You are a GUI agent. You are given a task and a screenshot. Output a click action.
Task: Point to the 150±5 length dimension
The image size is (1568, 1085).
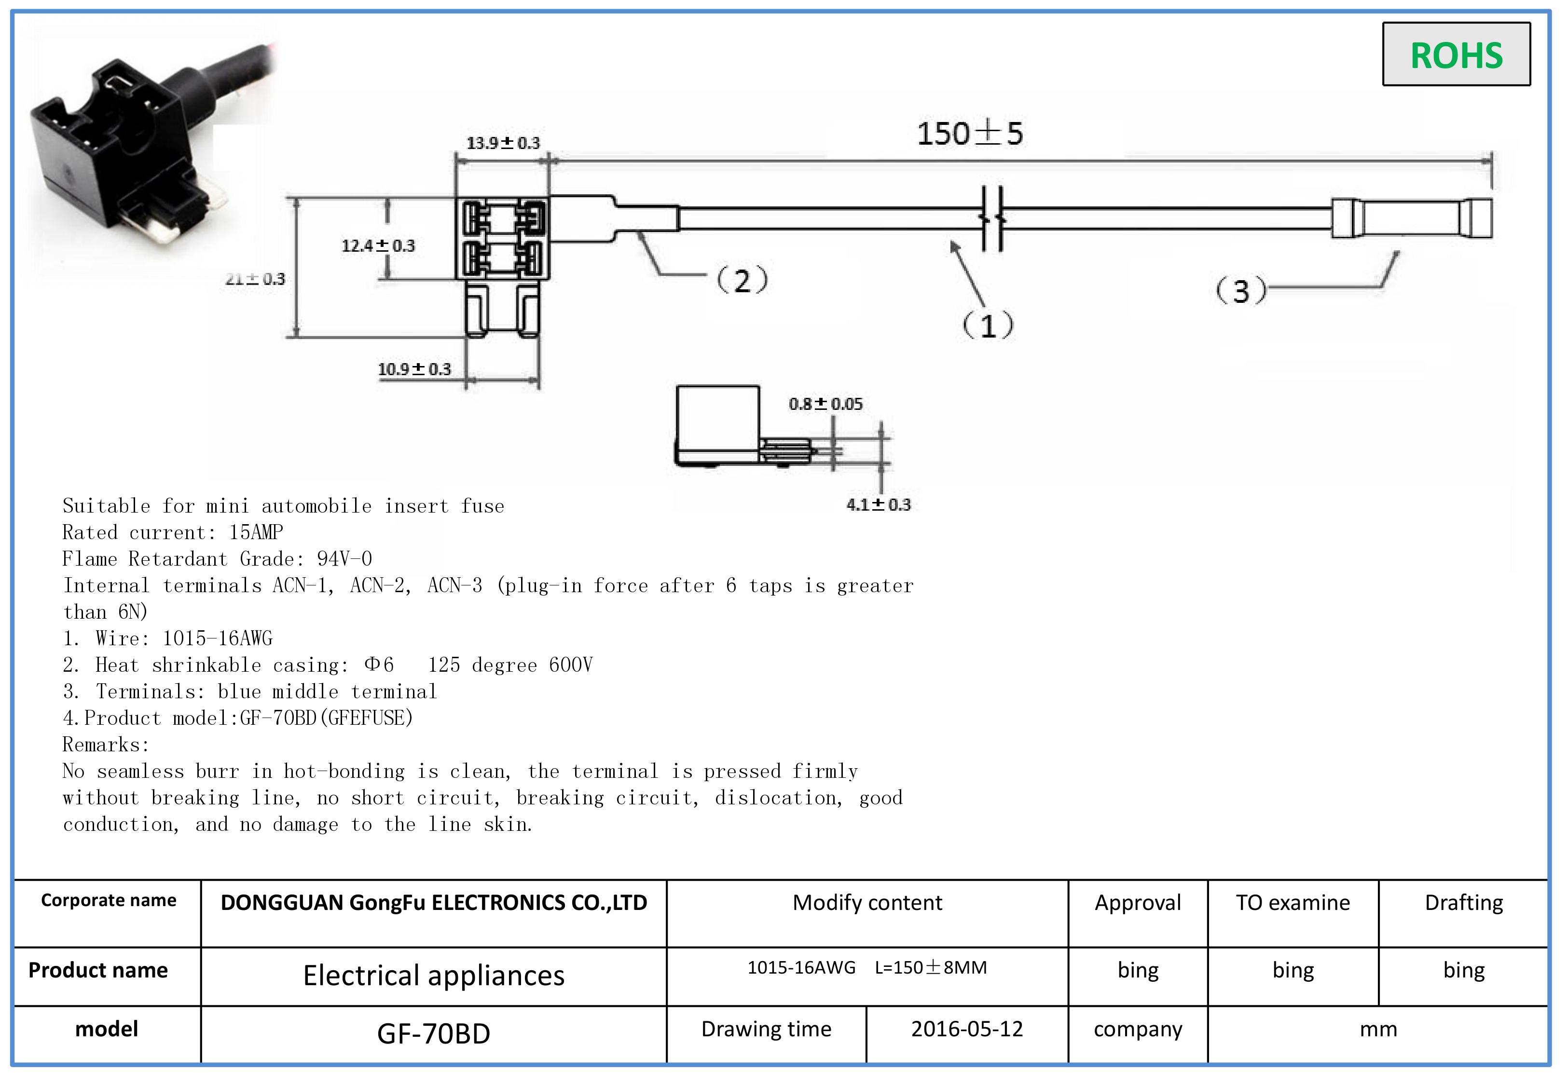pos(970,134)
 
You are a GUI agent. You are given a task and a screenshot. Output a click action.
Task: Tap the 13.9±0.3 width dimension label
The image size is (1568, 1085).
pos(503,143)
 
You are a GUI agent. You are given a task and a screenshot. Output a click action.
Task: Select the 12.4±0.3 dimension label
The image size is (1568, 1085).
pos(378,245)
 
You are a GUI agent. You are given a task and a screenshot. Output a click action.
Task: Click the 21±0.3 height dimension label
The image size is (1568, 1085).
pos(255,279)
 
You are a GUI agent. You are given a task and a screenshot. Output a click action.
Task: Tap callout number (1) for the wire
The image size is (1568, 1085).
pos(988,325)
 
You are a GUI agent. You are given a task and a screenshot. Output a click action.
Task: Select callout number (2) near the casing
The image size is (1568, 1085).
pos(742,280)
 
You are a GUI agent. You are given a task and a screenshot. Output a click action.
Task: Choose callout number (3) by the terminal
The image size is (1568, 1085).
pos(1241,291)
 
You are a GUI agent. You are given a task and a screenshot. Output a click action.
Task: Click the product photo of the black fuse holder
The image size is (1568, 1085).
pos(136,149)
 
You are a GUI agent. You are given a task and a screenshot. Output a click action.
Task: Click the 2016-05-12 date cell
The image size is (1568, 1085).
pos(966,1029)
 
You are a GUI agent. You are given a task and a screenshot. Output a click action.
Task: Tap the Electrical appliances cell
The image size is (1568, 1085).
pos(433,976)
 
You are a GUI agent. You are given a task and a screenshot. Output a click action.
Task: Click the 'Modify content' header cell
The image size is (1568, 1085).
pos(867,903)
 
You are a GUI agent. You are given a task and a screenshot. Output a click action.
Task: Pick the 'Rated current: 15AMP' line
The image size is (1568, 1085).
pos(173,532)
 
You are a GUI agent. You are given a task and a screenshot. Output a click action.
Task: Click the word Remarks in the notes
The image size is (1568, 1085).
pos(105,745)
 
